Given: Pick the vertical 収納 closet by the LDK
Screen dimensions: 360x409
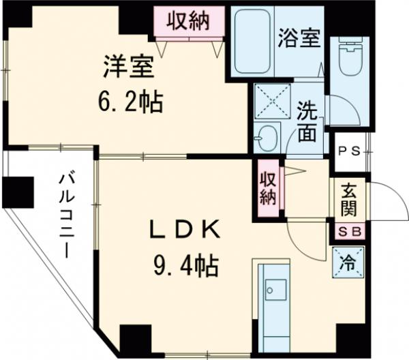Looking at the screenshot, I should (x=269, y=189).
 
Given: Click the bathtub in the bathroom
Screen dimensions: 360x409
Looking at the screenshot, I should (x=253, y=42).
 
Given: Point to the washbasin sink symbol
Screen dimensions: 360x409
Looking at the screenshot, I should (x=265, y=136).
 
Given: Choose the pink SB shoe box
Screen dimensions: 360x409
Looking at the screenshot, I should (x=348, y=232).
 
